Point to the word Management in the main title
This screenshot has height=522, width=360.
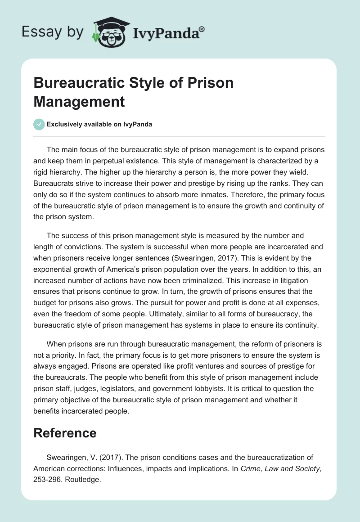point(79,101)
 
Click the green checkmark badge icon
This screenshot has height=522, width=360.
point(39,124)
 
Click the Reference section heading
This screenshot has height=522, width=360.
point(65,433)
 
